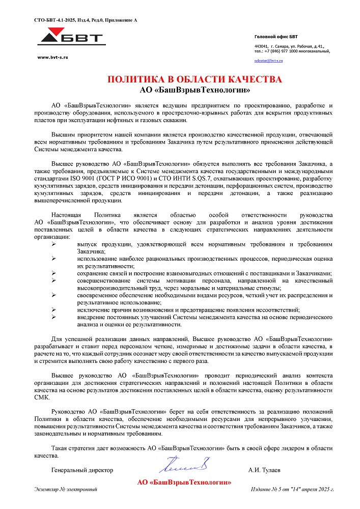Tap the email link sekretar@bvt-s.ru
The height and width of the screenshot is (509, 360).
(268, 61)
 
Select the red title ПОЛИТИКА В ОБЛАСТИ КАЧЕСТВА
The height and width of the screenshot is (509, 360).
(195, 80)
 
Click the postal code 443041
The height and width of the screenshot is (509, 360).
(261, 46)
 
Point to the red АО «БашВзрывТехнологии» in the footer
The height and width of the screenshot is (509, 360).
(184, 482)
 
